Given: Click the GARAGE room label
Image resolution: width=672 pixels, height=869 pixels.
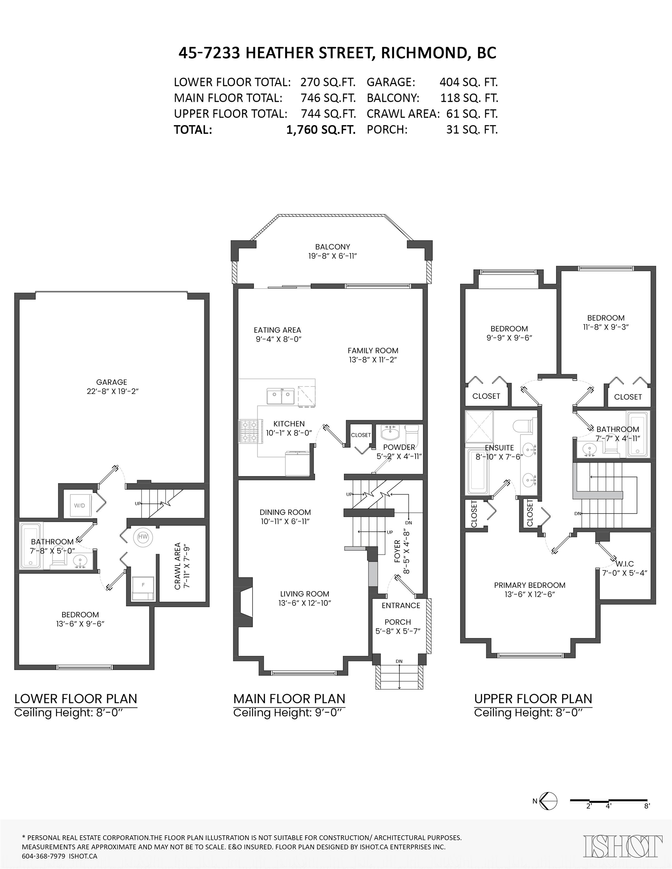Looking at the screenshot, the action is [111, 382].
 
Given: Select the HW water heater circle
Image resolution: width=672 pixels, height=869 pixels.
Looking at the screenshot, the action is [143, 537].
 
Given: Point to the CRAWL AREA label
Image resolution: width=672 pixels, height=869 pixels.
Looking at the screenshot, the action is [178, 566].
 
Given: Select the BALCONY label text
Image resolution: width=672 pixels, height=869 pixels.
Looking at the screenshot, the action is [333, 247].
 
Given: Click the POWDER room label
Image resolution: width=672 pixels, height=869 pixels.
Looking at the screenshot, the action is [399, 447].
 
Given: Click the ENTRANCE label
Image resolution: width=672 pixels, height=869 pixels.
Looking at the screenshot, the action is [401, 606].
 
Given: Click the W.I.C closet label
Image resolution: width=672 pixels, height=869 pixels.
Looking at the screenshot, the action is [624, 564].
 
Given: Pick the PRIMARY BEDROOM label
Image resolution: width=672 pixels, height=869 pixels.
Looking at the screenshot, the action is [530, 585].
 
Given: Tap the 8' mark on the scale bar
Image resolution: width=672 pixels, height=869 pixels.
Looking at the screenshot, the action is [647, 806].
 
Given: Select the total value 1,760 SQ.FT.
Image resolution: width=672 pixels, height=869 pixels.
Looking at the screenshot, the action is [321, 130].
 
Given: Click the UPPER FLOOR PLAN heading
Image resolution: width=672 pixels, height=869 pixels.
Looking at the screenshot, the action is [533, 699].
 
